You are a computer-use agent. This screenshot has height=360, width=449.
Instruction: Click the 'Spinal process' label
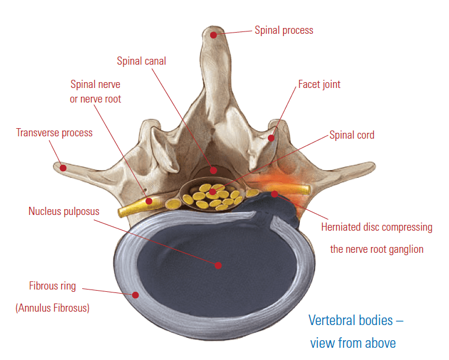point(284,30)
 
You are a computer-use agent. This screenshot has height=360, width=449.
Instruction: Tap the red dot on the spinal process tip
point(214,35)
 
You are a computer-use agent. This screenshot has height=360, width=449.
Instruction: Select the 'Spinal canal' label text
point(142,61)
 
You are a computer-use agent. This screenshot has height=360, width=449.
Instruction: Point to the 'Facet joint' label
point(319,84)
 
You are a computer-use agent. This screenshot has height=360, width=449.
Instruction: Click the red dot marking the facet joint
point(271,138)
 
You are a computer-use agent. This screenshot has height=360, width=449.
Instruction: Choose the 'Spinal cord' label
point(352,135)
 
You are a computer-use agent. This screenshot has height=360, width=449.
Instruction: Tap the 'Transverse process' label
point(54,133)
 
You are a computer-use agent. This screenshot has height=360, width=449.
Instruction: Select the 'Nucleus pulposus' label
point(64,211)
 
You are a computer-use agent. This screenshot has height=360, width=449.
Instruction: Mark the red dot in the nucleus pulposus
point(218,265)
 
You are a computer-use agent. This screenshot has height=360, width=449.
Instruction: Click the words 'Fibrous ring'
point(52,287)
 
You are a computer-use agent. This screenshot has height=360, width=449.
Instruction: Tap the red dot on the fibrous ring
point(135,295)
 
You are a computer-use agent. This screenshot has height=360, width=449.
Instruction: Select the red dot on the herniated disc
point(274,193)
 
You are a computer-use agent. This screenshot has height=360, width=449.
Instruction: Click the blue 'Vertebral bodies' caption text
point(356,320)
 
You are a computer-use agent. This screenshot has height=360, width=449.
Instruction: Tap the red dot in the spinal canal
point(214,171)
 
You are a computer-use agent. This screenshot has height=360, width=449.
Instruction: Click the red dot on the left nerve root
point(149,201)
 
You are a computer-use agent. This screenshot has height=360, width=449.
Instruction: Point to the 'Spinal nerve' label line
point(96,84)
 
